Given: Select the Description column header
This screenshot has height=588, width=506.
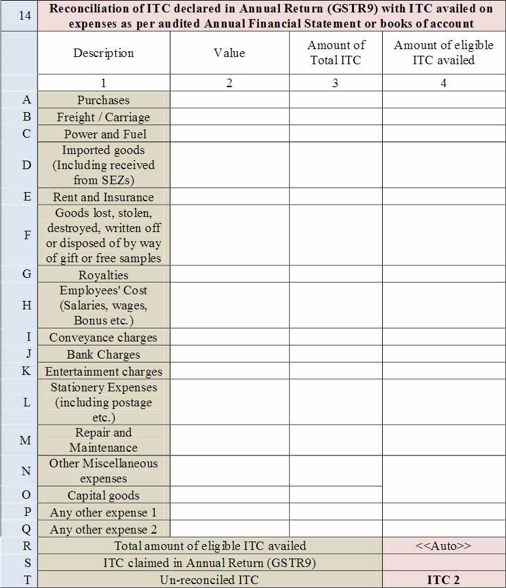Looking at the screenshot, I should coord(104,53).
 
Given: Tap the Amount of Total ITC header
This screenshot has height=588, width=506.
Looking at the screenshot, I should coord(336,53).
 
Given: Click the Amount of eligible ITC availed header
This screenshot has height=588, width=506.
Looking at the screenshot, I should coord(444,53).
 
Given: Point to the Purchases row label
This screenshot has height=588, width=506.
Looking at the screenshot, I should coord(104,100).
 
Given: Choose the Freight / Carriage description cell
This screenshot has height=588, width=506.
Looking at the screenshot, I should coord(104,117).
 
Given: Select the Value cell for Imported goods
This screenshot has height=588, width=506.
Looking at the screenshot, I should coord(229,165).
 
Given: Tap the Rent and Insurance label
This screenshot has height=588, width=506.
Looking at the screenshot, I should coord(104,197).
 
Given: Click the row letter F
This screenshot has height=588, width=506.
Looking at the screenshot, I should coord(27,235).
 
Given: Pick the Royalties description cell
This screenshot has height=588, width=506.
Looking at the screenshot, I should coord(104,275).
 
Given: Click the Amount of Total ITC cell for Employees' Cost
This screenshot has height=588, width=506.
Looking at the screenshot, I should coord(336,305).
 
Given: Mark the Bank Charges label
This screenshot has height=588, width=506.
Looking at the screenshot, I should coord(104,355).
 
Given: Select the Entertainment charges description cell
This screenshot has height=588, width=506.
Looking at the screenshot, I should coord(104,371).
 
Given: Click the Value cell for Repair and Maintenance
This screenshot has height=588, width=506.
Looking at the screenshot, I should coord(229,441).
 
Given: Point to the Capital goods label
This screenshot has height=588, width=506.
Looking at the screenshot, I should coord(104,496).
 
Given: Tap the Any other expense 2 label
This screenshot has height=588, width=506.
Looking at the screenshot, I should coord(104,529).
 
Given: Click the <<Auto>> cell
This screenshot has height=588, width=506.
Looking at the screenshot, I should coord(444,546).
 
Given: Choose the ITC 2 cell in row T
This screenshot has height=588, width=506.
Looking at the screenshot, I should coord(444,580).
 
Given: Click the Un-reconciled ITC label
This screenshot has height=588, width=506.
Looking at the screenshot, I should coord(210,580).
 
